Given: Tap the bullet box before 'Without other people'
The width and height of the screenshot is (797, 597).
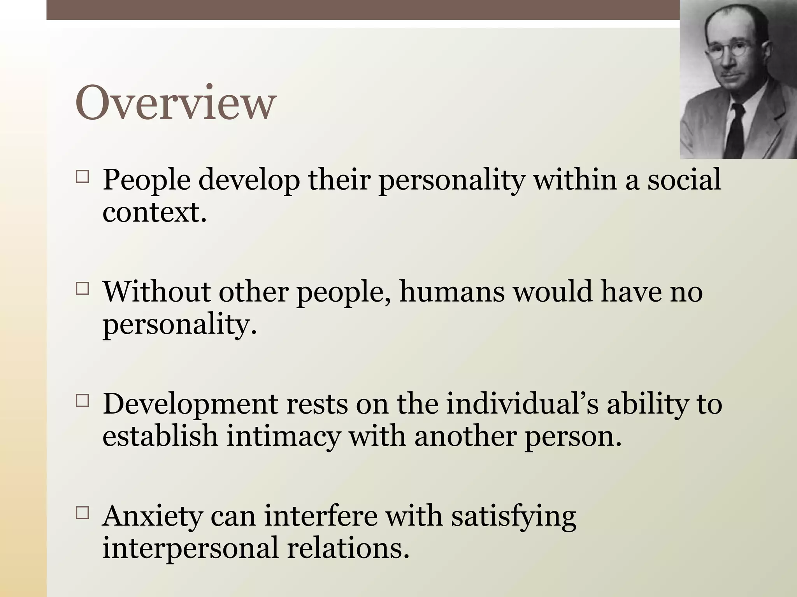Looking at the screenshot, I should (x=82, y=289).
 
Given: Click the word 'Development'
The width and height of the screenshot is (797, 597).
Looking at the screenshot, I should (x=191, y=404).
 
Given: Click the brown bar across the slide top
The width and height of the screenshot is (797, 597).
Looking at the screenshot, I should (x=350, y=10).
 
